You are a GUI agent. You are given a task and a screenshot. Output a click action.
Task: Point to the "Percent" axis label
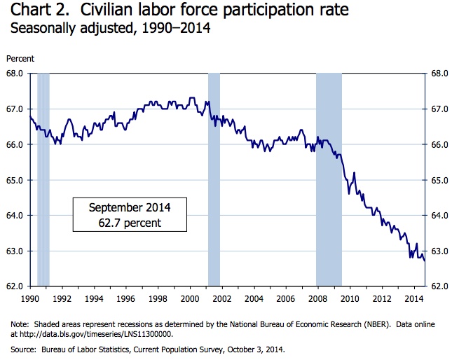pyautogui.click(x=20, y=59)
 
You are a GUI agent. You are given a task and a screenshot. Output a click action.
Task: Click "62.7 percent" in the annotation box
pyautogui.click(x=130, y=223)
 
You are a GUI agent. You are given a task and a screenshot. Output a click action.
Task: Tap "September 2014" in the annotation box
pyautogui.click(x=130, y=208)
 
